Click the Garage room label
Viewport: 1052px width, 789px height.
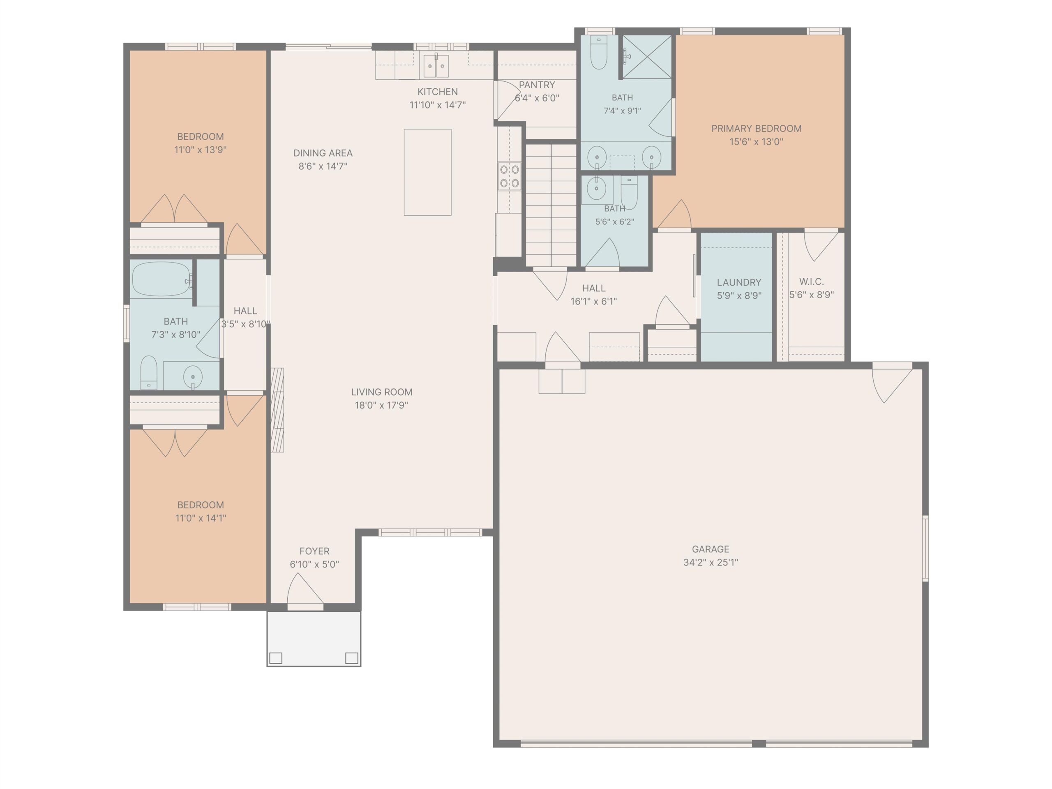click(x=711, y=549)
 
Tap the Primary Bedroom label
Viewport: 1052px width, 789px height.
click(x=756, y=128)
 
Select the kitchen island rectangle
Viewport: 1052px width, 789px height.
click(x=427, y=172)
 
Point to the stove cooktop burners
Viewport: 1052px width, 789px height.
click(x=509, y=176)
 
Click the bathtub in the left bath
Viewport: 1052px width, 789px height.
click(x=161, y=279)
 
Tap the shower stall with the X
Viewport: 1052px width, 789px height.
click(x=647, y=57)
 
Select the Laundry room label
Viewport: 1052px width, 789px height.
click(x=739, y=282)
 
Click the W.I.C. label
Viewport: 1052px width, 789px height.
click(x=811, y=281)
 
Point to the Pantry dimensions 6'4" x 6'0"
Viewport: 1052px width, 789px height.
click(x=537, y=98)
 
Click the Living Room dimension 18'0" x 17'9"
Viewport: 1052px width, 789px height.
click(x=381, y=405)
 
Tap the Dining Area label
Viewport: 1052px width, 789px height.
click(x=323, y=153)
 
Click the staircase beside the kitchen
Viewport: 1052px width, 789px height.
click(x=551, y=205)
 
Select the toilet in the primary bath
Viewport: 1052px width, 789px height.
click(x=599, y=52)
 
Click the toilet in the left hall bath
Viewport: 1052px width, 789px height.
click(x=149, y=373)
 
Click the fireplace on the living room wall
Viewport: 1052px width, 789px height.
click(x=277, y=410)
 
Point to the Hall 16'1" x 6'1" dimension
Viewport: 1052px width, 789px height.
click(x=593, y=301)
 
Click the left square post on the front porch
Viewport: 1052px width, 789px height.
click(x=276, y=658)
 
